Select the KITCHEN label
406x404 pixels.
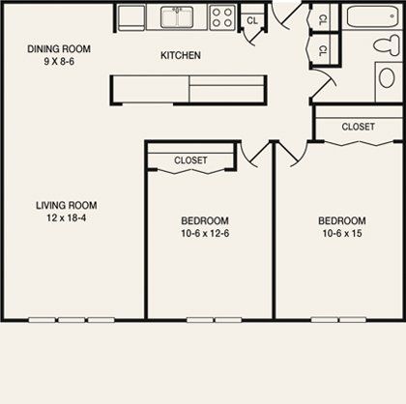(180, 56)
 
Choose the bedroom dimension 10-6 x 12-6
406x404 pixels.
(204, 233)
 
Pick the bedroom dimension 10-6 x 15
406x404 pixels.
(342, 233)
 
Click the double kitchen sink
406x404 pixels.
(177, 16)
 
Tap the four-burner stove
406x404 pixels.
(222, 16)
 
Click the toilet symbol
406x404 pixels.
(386, 43)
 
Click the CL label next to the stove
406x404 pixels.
(252, 19)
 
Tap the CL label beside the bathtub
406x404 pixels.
(323, 18)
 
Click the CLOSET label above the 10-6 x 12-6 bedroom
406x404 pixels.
(190, 160)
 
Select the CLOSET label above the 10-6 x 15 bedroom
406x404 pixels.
(358, 126)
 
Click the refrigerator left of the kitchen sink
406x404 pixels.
(130, 16)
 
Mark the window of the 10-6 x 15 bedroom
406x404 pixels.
(338, 319)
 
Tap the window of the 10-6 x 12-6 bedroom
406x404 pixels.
(214, 319)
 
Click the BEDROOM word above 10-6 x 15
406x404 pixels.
(342, 220)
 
